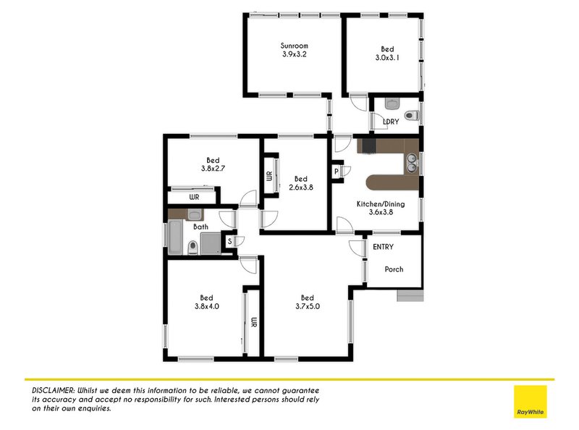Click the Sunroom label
tap(294, 46)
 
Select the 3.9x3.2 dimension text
tap(294, 55)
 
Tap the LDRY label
tap(390, 122)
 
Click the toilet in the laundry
tap(411, 114)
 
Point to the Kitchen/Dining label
tap(380, 204)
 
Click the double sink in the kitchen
tap(411, 162)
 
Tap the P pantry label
tap(337, 171)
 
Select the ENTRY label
tap(383, 247)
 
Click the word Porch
tap(394, 269)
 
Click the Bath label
tap(200, 227)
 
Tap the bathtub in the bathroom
tap(175, 237)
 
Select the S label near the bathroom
tap(229, 241)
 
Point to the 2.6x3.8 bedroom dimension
tap(301, 188)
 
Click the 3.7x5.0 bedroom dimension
tap(307, 307)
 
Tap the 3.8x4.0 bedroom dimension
tap(206, 307)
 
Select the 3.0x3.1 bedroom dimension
tap(388, 58)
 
